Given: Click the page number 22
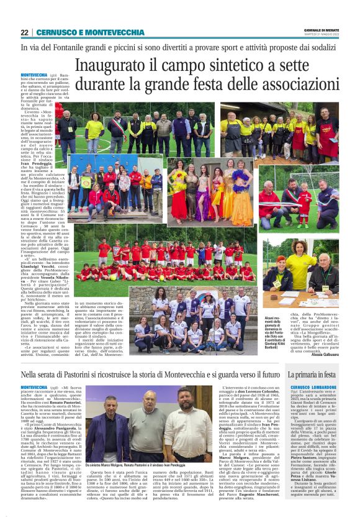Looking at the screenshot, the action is point(24,32).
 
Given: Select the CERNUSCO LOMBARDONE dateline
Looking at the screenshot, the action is point(312,387).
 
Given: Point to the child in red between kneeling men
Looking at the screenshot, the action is point(304,205).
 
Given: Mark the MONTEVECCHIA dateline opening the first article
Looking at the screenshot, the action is point(34,75).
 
